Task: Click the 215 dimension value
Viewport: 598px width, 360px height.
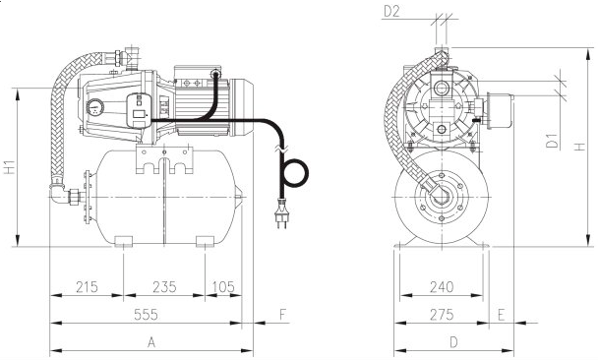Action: point(87,287)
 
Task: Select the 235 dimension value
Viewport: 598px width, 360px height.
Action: point(164,287)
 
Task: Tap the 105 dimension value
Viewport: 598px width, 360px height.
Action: point(223,287)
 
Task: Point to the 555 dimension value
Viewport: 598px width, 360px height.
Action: point(146,315)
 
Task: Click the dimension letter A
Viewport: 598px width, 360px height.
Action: point(151,342)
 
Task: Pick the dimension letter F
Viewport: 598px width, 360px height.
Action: point(282,315)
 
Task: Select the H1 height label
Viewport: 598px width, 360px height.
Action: point(10,166)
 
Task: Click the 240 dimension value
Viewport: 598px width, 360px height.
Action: point(442,287)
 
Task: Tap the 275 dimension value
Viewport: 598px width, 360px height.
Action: point(442,315)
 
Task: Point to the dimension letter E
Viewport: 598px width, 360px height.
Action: point(502,315)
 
